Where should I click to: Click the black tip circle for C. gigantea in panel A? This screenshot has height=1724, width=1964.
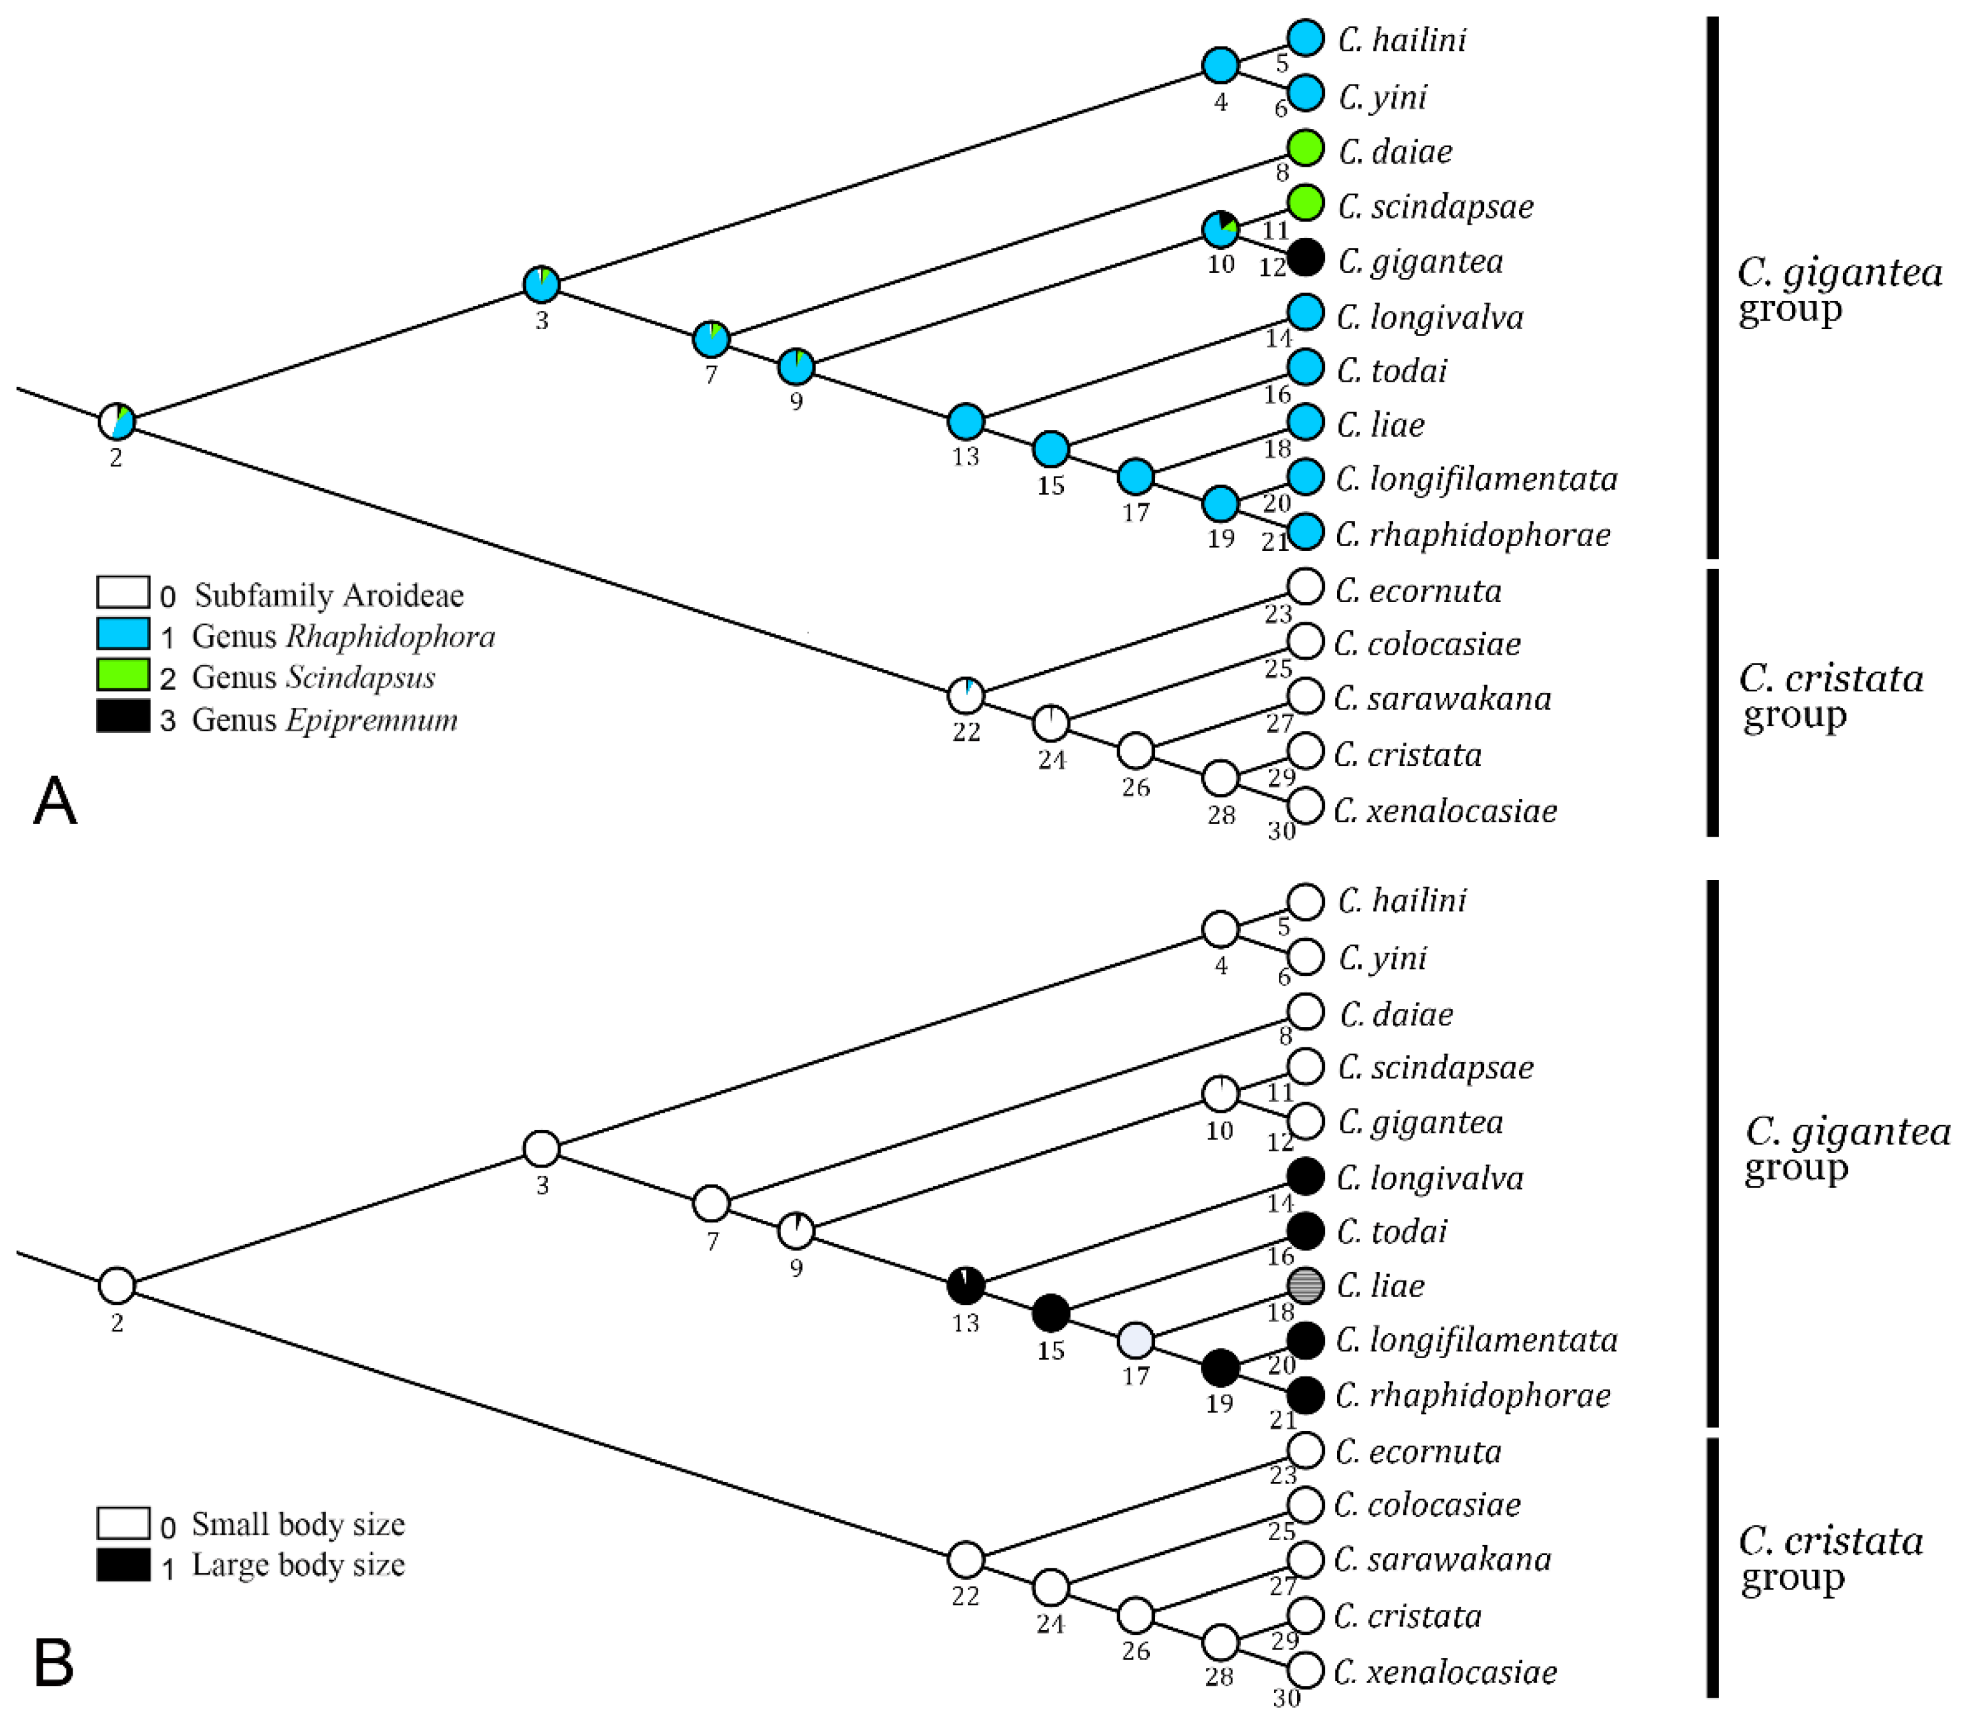1305,258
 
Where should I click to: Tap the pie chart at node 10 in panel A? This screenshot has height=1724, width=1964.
1220,229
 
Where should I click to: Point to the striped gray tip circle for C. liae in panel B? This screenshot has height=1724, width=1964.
1305,1285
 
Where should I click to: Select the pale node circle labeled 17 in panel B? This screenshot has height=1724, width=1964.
1136,1339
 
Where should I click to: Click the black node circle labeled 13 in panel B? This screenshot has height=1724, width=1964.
966,1285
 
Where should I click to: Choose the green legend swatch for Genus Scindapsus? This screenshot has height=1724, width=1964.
123,675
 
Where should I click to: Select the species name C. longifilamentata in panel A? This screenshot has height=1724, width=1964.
1476,479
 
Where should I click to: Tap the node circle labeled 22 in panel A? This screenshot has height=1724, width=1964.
966,694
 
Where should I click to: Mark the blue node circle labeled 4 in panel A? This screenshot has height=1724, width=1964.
1220,65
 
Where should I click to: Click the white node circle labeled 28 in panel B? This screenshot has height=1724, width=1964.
1220,1642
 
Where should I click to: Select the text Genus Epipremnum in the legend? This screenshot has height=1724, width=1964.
325,720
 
